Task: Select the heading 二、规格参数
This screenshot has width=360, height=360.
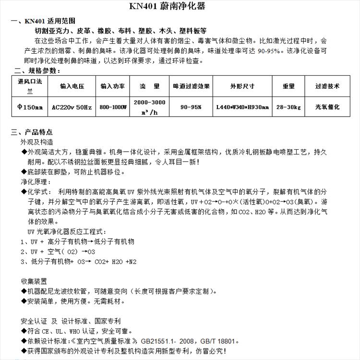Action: (x=36, y=71)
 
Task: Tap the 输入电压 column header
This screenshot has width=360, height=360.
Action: (x=72, y=86)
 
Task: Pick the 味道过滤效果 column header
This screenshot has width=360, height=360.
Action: (x=191, y=86)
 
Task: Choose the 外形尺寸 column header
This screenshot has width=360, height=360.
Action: (x=242, y=86)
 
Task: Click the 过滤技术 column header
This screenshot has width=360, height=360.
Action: (x=327, y=86)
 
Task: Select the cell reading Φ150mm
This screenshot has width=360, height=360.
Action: (x=30, y=107)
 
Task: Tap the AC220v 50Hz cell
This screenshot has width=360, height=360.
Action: (x=72, y=107)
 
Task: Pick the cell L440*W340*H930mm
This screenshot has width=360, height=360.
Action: (x=242, y=107)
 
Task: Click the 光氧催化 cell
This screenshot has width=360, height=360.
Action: (x=327, y=107)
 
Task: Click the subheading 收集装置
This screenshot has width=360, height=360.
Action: (x=34, y=280)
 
